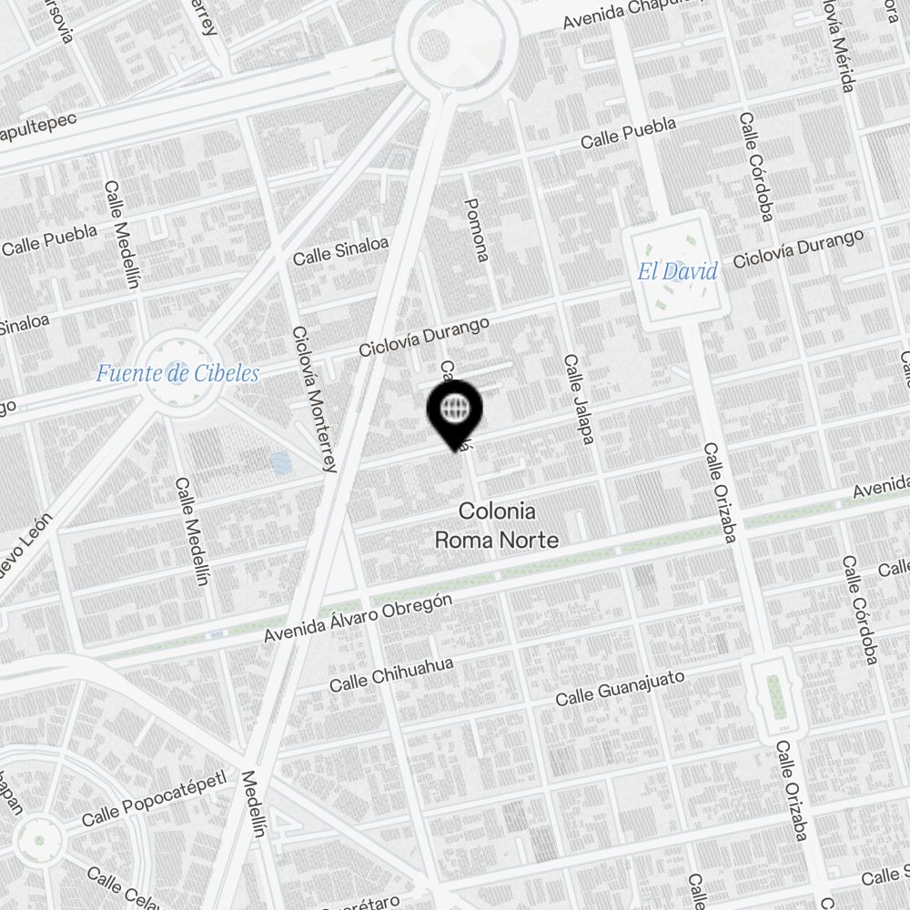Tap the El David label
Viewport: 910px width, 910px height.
tap(677, 271)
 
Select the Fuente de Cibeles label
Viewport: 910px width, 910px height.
tap(177, 373)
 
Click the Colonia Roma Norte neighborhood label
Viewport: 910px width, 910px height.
tap(496, 525)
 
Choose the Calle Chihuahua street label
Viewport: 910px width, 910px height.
tap(391, 674)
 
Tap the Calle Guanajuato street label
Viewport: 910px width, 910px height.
tap(620, 687)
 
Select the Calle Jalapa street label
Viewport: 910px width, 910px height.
tap(579, 399)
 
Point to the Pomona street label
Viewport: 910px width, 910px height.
tap(477, 229)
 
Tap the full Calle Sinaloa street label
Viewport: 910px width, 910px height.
tap(340, 251)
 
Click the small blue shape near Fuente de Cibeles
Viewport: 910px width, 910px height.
tap(280, 463)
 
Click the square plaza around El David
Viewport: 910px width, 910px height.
tap(677, 270)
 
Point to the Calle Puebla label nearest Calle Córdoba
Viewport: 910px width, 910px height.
tap(629, 133)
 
